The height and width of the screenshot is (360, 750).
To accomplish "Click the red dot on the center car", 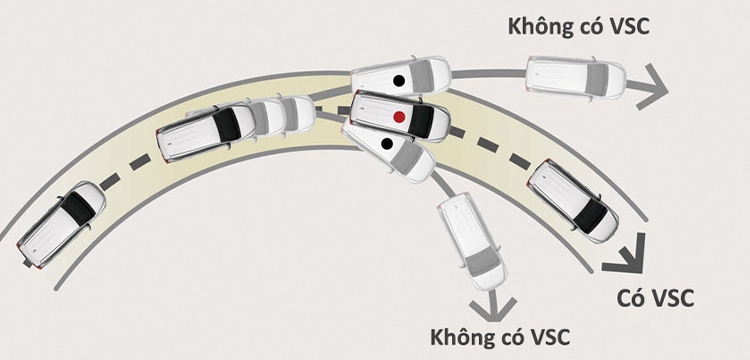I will (399, 117).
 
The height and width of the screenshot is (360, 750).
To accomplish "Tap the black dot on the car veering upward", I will (398, 79).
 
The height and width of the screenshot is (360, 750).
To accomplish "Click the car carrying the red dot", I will (400, 116).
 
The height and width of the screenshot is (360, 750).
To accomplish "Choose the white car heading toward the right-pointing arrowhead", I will (574, 77).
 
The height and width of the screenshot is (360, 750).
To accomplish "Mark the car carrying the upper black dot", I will (402, 76).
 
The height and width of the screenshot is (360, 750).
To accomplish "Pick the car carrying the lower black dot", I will (390, 148).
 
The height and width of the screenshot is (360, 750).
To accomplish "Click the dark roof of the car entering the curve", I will (78, 207).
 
